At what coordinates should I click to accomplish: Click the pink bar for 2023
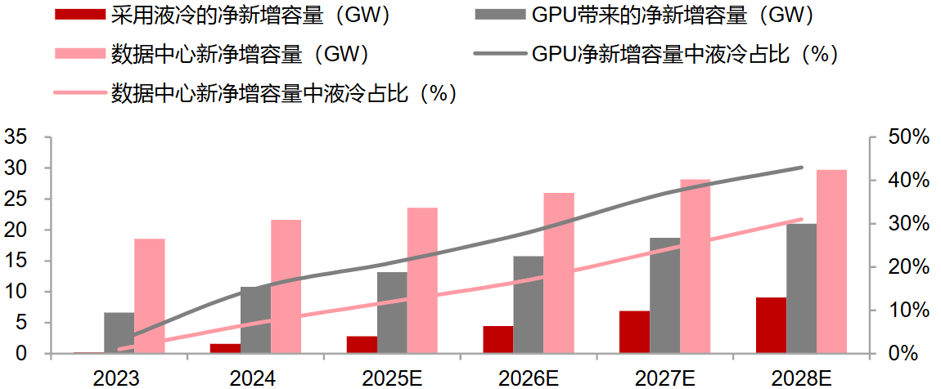click(150, 296)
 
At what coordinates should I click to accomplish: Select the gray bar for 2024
click(255, 320)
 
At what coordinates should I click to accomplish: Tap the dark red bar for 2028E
click(772, 325)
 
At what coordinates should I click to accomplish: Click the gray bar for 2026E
click(529, 305)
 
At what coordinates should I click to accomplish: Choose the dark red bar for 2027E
click(635, 332)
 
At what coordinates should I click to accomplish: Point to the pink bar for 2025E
click(422, 280)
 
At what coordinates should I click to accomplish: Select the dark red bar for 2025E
click(362, 345)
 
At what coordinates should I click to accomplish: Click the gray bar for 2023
click(119, 333)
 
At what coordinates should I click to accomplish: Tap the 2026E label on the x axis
click(529, 377)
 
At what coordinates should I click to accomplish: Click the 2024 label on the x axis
click(253, 377)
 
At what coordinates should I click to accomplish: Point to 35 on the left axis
click(16, 137)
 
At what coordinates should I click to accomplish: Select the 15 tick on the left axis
click(16, 262)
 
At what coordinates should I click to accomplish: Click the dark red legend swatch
click(79, 15)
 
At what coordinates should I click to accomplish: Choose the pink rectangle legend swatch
click(79, 54)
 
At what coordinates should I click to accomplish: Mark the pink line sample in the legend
click(79, 93)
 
